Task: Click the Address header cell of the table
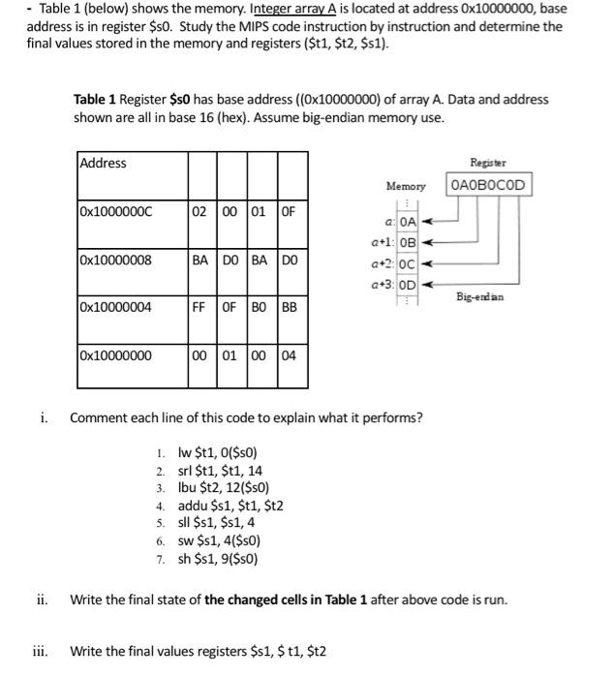click(x=104, y=163)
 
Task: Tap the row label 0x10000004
click(x=116, y=307)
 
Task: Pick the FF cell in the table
click(x=200, y=307)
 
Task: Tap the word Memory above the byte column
click(x=406, y=185)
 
